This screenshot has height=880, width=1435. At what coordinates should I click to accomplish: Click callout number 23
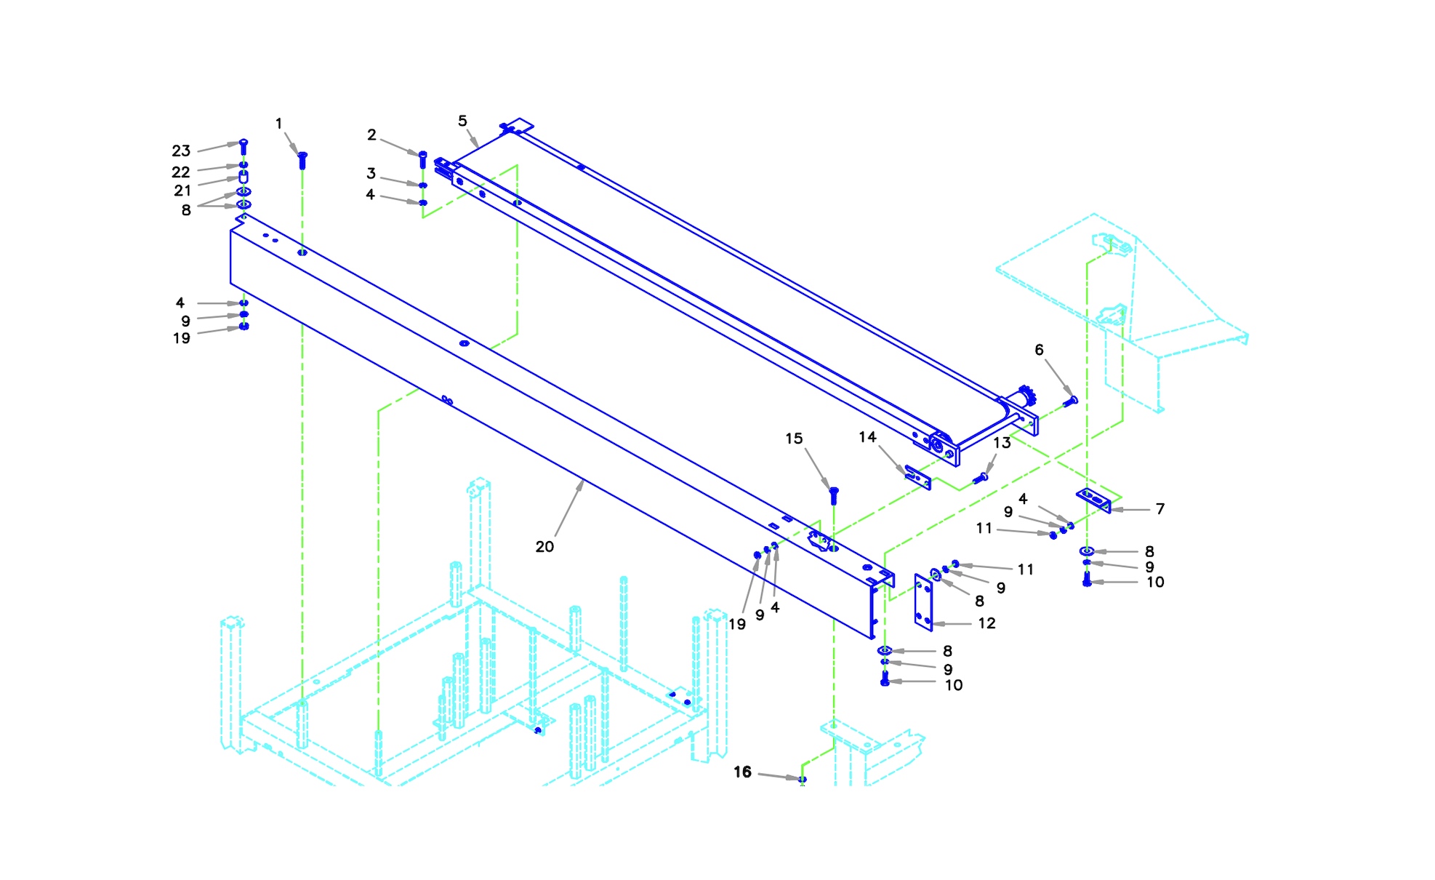[181, 151]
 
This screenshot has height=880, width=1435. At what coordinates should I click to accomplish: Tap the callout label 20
[544, 547]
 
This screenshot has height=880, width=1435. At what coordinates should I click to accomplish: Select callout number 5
[462, 121]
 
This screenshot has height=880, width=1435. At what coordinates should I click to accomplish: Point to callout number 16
[742, 772]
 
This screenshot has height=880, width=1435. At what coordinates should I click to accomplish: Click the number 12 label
[986, 623]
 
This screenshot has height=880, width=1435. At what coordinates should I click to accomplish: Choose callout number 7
[1160, 509]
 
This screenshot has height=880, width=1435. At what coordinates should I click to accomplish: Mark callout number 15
[794, 439]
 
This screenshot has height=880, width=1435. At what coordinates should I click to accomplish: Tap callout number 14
[867, 437]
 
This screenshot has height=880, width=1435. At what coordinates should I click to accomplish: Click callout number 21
[182, 191]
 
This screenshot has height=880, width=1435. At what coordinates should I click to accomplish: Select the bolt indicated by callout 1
[302, 159]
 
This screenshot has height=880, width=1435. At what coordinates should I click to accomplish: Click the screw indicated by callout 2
[423, 159]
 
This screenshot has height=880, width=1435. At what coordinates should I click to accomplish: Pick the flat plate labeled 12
[923, 602]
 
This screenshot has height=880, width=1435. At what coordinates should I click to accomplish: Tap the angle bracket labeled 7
[1094, 500]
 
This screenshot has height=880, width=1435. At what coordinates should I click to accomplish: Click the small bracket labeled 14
[918, 477]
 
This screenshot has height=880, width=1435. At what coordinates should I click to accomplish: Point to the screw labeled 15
[834, 495]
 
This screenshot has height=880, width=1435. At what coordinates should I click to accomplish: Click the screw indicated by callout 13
[981, 478]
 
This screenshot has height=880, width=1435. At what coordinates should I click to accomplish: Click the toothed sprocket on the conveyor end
[1026, 396]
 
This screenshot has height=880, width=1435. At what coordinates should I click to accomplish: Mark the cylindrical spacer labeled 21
[244, 177]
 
